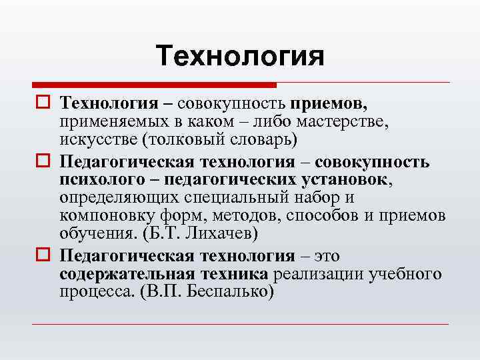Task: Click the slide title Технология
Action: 240,56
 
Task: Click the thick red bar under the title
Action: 154,85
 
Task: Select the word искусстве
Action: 94,141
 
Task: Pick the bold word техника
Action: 229,275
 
